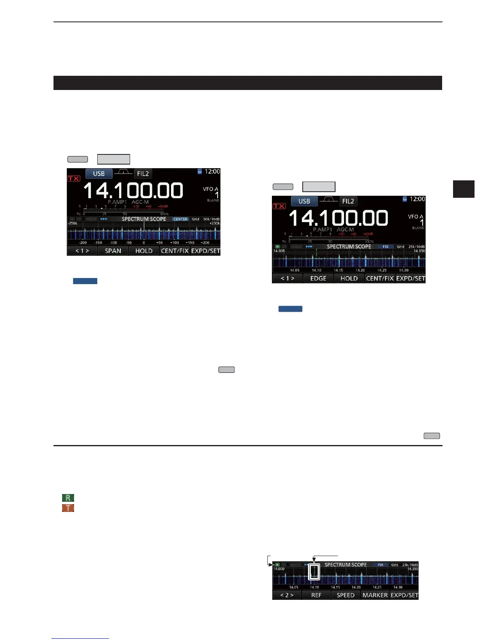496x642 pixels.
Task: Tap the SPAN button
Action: [113, 251]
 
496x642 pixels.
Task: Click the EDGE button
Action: [318, 278]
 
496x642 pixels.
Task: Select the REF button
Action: [316, 595]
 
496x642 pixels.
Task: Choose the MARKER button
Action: [375, 595]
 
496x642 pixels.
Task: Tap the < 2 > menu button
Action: [286, 595]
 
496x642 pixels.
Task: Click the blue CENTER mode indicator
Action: [180, 219]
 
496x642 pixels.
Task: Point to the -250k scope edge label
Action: [73, 223]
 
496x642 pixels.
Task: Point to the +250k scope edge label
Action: [214, 223]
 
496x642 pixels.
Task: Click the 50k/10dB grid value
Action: [211, 219]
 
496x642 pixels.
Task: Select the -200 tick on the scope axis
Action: [83, 243]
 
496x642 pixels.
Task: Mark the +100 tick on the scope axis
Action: [174, 243]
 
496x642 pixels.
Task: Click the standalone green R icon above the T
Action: [68, 498]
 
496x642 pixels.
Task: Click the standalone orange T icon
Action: [68, 508]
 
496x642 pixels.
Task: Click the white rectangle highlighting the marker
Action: [314, 571]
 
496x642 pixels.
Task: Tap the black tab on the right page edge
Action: [464, 189]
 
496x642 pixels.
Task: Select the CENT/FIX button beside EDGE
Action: [380, 278]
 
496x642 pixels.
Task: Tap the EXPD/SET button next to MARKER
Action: [404, 595]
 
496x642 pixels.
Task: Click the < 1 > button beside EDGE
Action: [287, 278]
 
